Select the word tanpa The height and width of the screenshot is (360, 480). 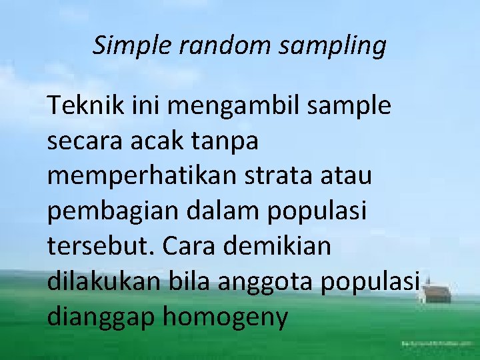coord(226,141)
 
